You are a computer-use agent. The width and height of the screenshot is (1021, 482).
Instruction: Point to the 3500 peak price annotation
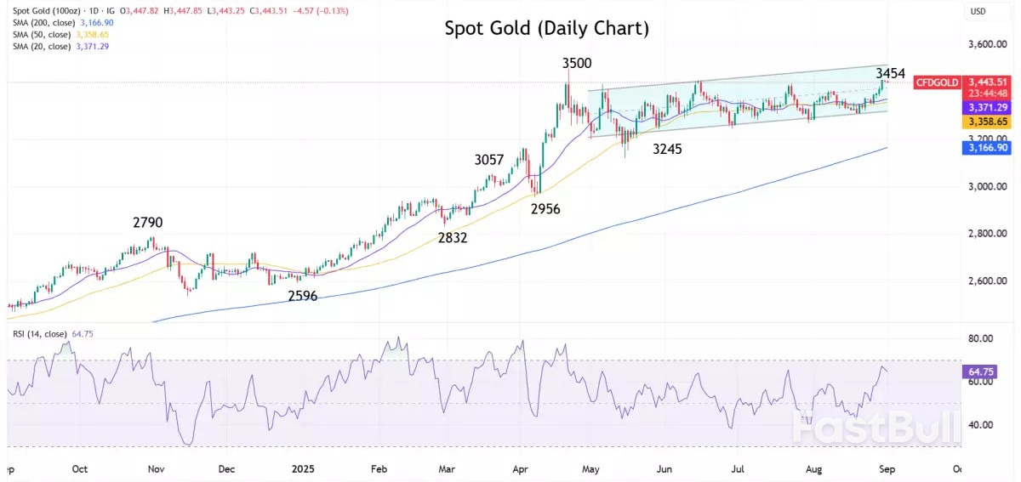(577, 63)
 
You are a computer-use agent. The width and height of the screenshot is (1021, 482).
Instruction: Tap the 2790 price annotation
(147, 223)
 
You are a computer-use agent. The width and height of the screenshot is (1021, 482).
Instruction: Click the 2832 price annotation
(453, 238)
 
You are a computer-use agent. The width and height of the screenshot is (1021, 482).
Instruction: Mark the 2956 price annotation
(545, 208)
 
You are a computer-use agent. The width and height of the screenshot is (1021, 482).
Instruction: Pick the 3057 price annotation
(489, 159)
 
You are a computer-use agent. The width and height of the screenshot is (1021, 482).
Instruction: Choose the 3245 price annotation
(668, 149)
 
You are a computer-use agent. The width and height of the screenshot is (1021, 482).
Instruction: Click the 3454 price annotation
(890, 74)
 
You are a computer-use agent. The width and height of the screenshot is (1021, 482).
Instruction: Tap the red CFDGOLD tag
(937, 82)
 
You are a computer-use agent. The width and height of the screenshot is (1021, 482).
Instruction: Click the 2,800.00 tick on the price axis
(988, 234)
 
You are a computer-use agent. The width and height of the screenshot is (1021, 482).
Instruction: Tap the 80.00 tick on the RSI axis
(982, 338)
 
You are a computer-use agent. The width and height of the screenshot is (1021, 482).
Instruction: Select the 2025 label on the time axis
(304, 468)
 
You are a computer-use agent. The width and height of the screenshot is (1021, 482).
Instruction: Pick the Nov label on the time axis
(156, 468)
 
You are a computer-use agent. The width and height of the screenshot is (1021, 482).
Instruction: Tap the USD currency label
(978, 11)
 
